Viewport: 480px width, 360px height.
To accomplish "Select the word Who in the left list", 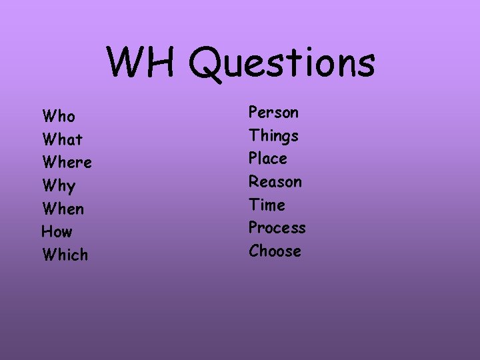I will click(59, 117).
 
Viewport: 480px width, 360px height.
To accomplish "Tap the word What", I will click(62, 140).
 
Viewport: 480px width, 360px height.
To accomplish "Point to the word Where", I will click(67, 163).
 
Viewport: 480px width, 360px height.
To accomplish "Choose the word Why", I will click(59, 186).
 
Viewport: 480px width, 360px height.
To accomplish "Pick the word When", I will click(63, 209).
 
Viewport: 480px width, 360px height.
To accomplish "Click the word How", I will click(57, 232).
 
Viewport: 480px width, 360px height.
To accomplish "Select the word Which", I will click(65, 255).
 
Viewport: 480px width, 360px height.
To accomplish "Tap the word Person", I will click(273, 112).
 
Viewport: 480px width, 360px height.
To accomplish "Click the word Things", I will click(273, 136).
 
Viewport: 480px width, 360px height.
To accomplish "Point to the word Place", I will click(268, 159).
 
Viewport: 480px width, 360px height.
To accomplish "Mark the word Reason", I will click(275, 181).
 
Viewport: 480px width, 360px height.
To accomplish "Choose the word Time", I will click(267, 205).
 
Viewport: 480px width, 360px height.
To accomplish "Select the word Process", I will click(277, 228).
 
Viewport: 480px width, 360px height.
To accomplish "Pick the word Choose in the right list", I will click(275, 251).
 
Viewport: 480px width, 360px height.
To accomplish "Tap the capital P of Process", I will click(253, 228).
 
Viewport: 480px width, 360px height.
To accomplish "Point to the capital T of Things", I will click(254, 135).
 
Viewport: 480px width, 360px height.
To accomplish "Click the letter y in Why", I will click(70, 187).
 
